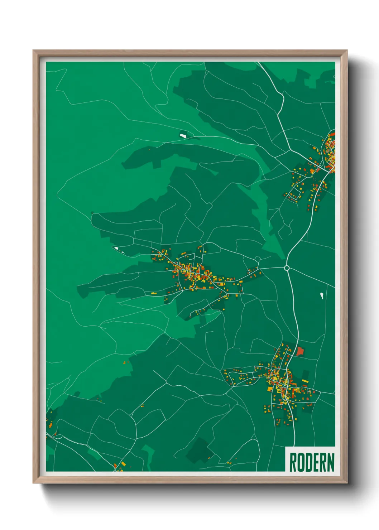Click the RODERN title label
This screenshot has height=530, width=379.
[311, 462]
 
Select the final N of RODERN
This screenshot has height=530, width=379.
[331, 462]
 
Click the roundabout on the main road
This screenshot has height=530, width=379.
[287, 268]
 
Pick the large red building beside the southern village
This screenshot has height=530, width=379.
[299, 351]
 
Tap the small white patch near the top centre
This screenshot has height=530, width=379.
[183, 136]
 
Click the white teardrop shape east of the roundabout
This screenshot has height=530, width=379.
[322, 296]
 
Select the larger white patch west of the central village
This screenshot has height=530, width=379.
[116, 248]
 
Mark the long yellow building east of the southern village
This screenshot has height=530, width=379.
[305, 381]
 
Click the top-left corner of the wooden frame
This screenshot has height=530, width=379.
[34, 51]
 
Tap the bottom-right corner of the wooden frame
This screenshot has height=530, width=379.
[347, 483]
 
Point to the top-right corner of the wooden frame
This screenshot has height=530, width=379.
[347, 51]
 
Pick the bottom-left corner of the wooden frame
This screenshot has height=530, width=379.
[34, 483]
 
